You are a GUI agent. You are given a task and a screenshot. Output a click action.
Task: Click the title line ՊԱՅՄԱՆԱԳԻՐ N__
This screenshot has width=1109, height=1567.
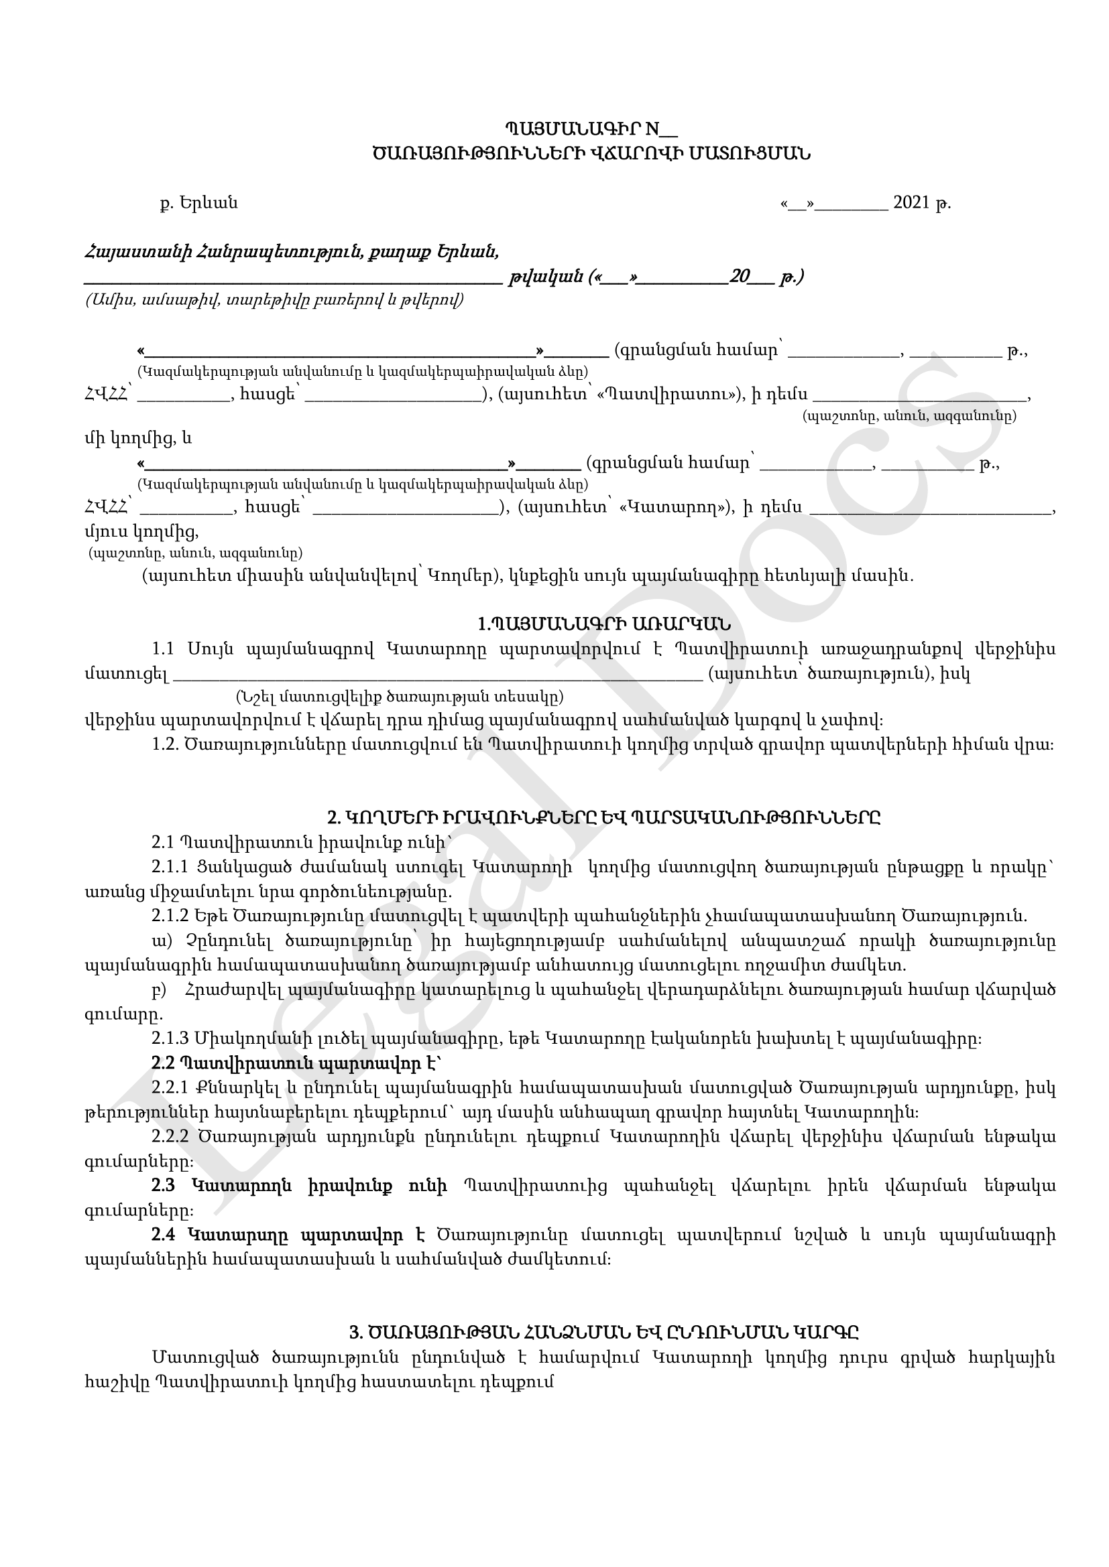[x=591, y=129]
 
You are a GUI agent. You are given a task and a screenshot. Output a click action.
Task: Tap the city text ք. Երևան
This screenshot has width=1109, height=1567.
[x=198, y=203]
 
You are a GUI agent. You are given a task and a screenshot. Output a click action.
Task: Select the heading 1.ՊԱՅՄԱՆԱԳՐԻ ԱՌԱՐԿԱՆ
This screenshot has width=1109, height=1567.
[x=603, y=624]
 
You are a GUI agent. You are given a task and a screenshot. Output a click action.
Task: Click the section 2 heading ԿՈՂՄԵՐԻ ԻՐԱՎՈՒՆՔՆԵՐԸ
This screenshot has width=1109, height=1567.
[x=603, y=817]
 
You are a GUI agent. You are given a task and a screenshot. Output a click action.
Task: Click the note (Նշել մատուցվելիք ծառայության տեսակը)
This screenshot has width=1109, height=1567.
[x=400, y=697]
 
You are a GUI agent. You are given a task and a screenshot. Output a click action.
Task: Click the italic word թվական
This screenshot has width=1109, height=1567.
[x=545, y=277]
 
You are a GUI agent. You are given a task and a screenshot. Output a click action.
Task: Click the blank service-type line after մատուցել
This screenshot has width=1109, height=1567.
[x=437, y=675]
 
